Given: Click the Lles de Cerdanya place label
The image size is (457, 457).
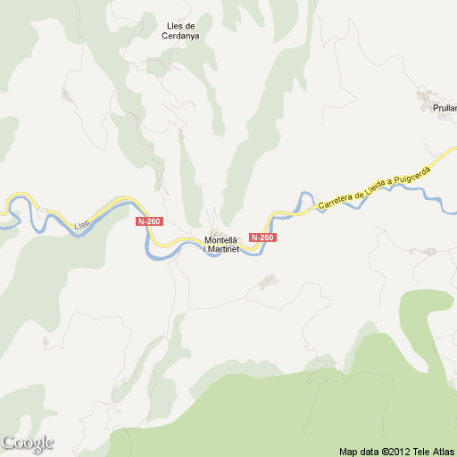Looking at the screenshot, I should pos(179,30).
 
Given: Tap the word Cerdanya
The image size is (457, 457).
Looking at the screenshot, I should pos(179,37).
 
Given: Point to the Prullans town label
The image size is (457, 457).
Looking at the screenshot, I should pos(444,108).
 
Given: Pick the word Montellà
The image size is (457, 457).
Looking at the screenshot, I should pos(221,238).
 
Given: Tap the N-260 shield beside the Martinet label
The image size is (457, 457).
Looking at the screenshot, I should pos(262,237).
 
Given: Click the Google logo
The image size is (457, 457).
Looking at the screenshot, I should pos(28,443).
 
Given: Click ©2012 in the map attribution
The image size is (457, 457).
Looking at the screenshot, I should pos(395,451).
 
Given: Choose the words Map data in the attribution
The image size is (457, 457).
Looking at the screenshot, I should pos(359,451).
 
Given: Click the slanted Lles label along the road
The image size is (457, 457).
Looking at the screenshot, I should pos(82,225).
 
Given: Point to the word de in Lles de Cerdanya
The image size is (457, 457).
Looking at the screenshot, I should pos(190,25).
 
